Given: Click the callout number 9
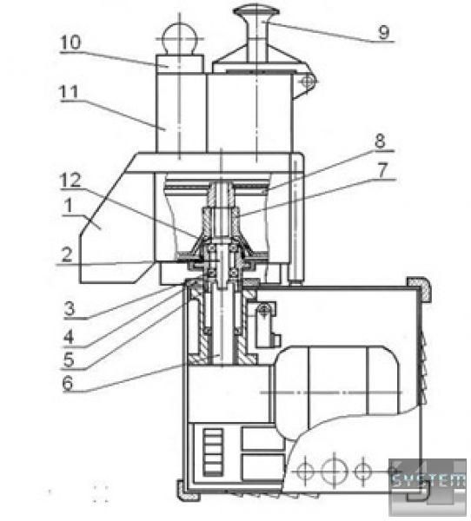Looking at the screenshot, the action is [384, 32].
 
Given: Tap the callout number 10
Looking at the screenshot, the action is [70, 43].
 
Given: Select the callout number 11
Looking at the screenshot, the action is [70, 92].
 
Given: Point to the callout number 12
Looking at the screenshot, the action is [70, 181].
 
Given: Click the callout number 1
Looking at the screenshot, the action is [69, 206].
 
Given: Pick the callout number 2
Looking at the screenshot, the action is [67, 254].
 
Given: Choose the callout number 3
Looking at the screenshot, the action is [70, 308].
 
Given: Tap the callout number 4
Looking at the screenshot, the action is [69, 337].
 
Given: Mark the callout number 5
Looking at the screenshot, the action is [69, 359].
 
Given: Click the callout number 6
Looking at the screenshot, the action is [68, 383].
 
